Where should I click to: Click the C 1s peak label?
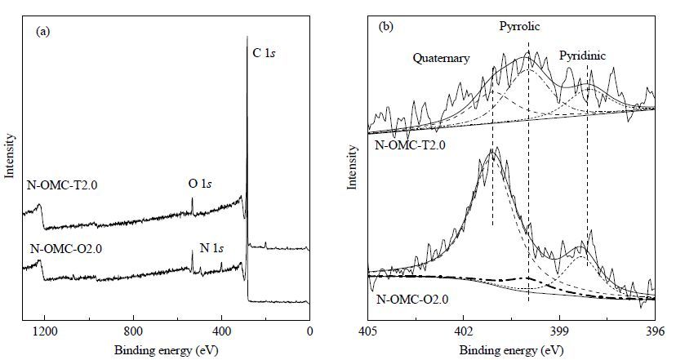coord(264,53)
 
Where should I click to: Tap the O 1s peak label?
coord(200,184)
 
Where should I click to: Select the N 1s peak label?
coord(211,248)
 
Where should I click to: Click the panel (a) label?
coord(43,31)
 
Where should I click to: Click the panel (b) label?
coord(385,27)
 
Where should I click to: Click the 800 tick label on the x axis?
coord(133,331)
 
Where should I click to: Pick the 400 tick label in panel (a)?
coord(221,331)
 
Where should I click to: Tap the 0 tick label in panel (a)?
coord(309,331)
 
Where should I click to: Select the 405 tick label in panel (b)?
coord(368,332)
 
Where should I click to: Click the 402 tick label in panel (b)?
coord(464,332)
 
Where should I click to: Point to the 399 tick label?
coord(559,332)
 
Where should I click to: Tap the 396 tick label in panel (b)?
coord(656,332)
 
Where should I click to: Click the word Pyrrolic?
coord(519,27)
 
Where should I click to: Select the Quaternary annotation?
coord(441,58)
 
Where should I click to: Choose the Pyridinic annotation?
coord(582,56)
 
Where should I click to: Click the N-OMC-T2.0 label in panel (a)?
coord(62,185)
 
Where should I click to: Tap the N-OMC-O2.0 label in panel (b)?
coord(412,299)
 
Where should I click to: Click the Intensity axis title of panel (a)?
coord(10,156)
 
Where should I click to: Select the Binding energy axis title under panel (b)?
coord(511,349)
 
